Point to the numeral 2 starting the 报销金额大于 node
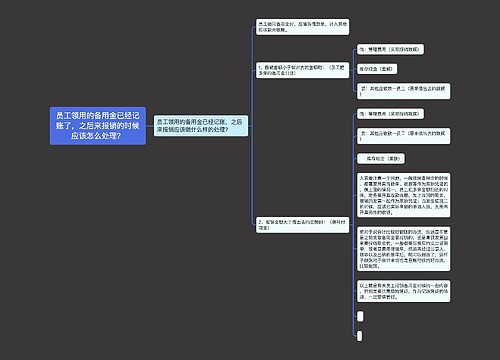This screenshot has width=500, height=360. pos(258,219)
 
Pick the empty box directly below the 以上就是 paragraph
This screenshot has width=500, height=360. pos(359,318)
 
